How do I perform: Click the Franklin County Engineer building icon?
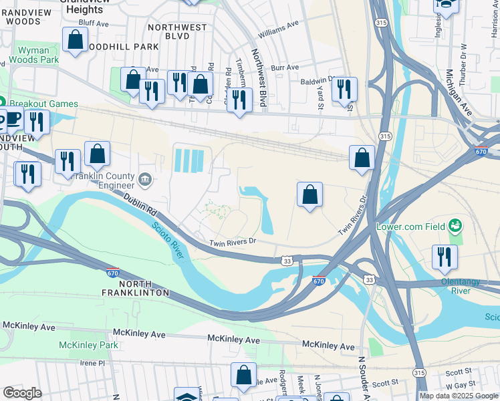[x=145, y=179]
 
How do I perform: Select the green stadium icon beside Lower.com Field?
[x=455, y=226]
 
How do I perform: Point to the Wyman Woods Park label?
[x=33, y=55]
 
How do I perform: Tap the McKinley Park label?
[x=88, y=345]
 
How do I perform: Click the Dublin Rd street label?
[x=140, y=204]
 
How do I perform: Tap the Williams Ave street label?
[x=278, y=29]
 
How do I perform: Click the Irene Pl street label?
[x=92, y=363]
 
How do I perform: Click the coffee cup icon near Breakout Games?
[x=12, y=120]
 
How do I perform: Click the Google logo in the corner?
[x=22, y=393]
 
